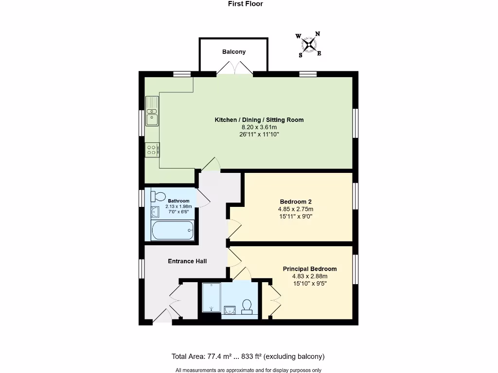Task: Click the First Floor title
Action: (x=245, y=4)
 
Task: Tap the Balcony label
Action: (x=234, y=52)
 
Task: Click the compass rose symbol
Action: (x=309, y=45)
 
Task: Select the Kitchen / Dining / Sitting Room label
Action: (x=259, y=120)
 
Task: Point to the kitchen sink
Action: (x=152, y=117)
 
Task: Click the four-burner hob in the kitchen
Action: (x=152, y=150)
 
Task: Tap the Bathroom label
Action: (x=178, y=201)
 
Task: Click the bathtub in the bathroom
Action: (x=173, y=230)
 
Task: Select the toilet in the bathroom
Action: (x=159, y=196)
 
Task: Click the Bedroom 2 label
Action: (x=296, y=202)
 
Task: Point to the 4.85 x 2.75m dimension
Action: (x=296, y=209)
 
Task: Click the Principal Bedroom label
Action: (x=310, y=269)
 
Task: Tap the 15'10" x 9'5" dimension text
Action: (x=310, y=284)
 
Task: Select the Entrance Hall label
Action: (x=187, y=261)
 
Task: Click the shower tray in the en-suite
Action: (x=212, y=297)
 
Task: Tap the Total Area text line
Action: (x=248, y=356)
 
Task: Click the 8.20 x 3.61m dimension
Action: (x=259, y=127)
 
